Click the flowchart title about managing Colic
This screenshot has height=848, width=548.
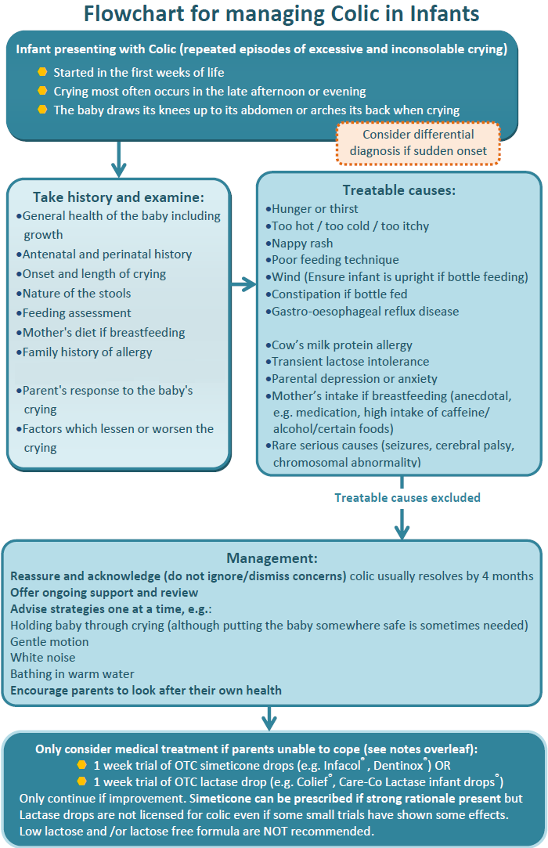coord(281,14)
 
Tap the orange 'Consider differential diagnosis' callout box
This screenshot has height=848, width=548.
coord(418,143)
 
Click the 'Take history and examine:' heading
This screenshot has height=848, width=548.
coord(118,197)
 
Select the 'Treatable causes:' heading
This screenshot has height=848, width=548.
coord(398,190)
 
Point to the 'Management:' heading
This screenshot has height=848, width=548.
coord(272,558)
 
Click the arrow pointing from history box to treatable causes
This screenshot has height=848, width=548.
coord(243,285)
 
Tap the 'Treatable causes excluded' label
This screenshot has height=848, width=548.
coord(407,497)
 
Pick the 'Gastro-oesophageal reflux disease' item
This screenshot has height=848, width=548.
coord(365,311)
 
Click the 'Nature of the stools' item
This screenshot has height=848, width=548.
coord(76,293)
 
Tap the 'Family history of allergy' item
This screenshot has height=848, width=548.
coord(87,352)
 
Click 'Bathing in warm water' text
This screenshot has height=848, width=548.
coord(72,673)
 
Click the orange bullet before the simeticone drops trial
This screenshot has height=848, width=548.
coord(81,765)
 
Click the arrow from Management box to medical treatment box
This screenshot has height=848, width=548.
coord(269,717)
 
